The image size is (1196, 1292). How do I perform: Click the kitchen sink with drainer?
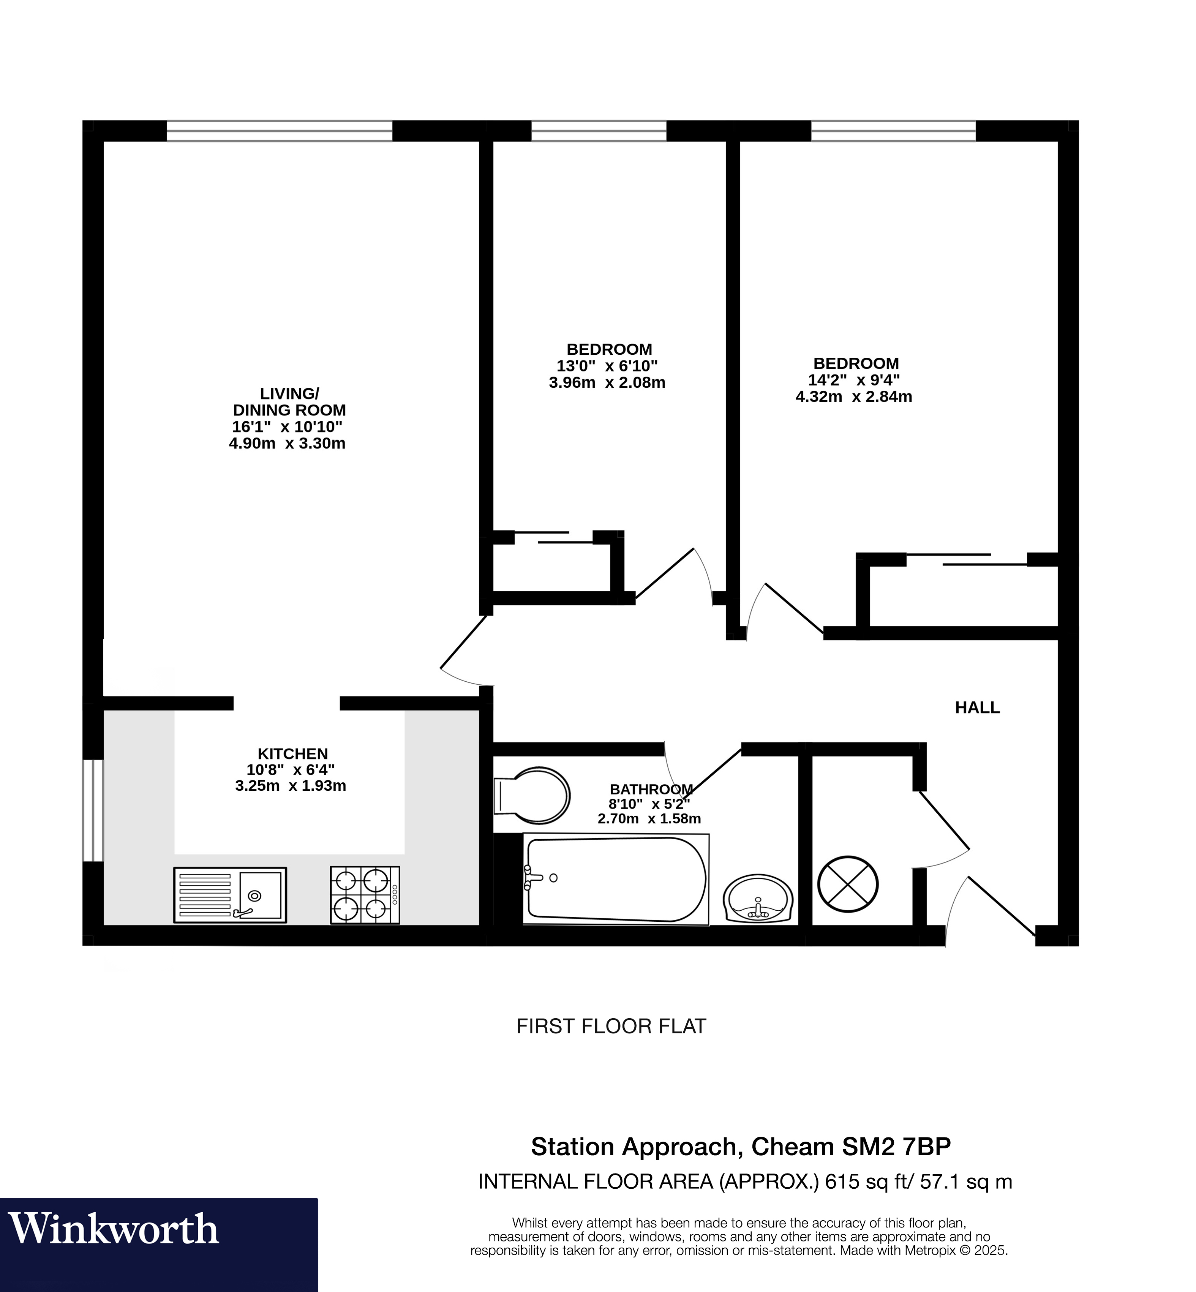click(x=230, y=895)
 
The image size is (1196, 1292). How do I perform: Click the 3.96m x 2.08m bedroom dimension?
click(x=607, y=382)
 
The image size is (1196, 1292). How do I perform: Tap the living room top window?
click(x=280, y=131)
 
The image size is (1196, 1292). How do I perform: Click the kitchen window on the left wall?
click(x=93, y=810)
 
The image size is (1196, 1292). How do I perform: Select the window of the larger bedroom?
click(x=893, y=131)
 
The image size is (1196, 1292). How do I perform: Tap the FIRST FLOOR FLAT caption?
click(x=611, y=1027)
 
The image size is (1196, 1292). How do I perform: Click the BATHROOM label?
click(x=651, y=789)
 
